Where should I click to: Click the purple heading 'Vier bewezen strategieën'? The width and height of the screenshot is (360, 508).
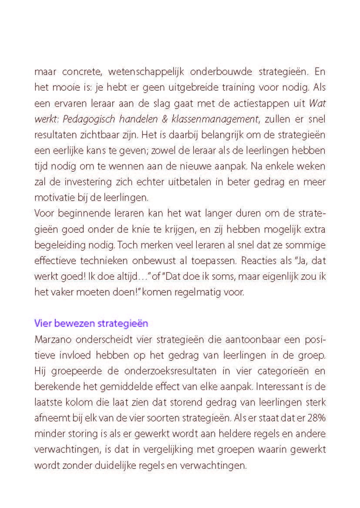click(x=91, y=324)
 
